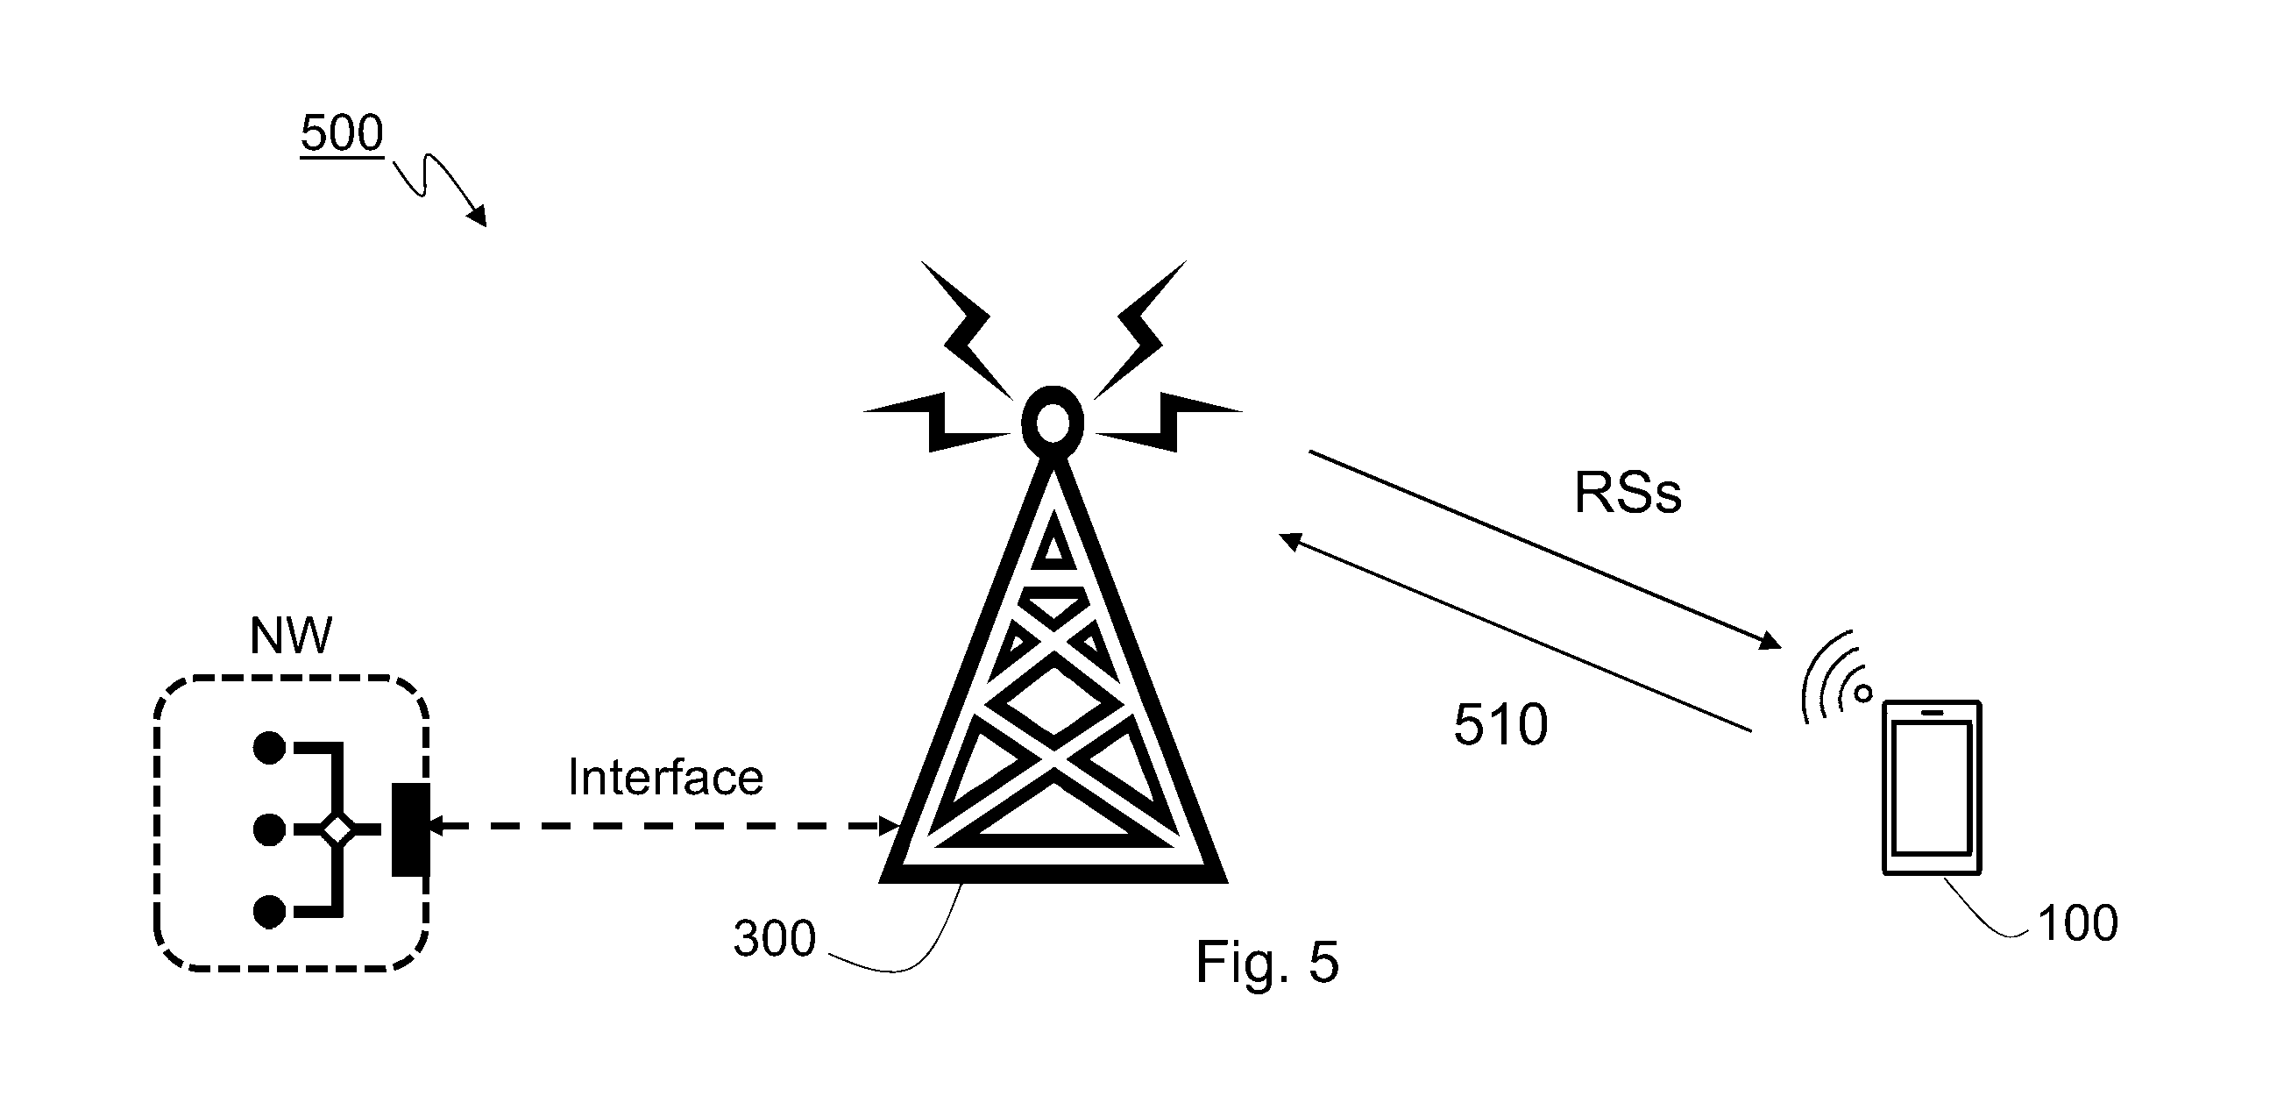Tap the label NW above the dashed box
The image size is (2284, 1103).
[291, 635]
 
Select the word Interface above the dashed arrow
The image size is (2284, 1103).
[665, 777]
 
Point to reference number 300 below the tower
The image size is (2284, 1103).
[774, 938]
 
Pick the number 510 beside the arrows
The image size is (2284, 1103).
[1500, 724]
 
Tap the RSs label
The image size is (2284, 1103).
[1628, 493]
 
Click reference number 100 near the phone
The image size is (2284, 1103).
[2078, 923]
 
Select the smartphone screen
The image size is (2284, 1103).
[1932, 787]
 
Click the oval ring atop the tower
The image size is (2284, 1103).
[1053, 422]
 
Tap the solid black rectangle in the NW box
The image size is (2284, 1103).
[411, 830]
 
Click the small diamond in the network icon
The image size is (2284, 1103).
[337, 830]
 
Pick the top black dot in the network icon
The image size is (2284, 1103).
[270, 747]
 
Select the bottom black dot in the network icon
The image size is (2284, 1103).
[270, 912]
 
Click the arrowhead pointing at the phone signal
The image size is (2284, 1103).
[1770, 641]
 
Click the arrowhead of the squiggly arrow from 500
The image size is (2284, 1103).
[478, 217]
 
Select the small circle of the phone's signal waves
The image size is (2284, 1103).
[1862, 693]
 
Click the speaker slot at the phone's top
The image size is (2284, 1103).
[1932, 712]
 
